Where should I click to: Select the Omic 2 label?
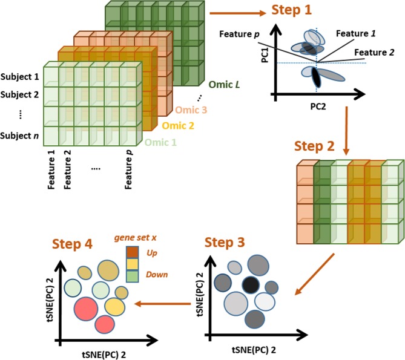(178, 126)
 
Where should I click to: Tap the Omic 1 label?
(162, 143)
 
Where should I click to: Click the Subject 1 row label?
(20, 77)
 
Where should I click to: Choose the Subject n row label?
(20, 135)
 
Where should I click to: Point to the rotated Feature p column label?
(128, 172)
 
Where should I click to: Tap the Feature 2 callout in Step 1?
(374, 53)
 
